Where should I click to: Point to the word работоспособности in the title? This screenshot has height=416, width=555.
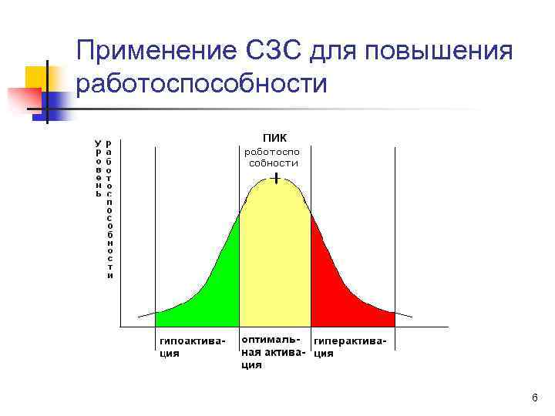coord(202,82)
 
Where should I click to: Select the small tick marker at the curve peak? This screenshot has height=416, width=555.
coord(276,179)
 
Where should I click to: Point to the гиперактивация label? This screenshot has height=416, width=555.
coord(349,347)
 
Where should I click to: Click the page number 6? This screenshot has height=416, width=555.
coord(534,397)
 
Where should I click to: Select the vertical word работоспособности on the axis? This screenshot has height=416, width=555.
coord(109,208)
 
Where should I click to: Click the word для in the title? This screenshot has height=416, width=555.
coord(335,52)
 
